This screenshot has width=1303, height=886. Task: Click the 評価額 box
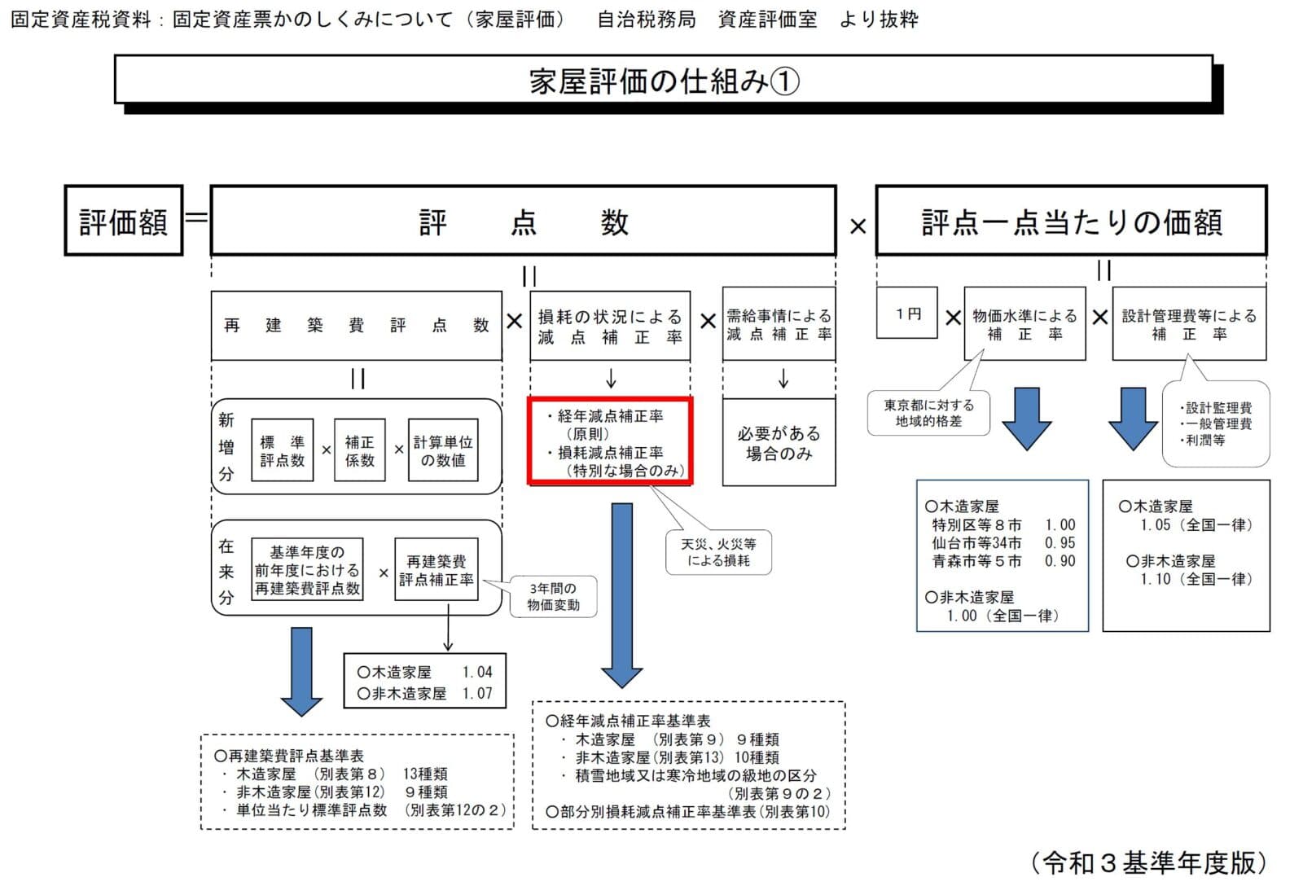(x=123, y=221)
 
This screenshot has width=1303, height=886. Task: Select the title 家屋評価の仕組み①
(x=663, y=81)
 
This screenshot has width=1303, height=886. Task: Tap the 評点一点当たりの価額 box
(x=1071, y=221)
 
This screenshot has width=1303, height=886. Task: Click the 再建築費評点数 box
(x=356, y=326)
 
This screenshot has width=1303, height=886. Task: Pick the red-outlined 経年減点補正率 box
(x=610, y=442)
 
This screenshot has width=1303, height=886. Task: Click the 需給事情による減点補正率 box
(x=779, y=325)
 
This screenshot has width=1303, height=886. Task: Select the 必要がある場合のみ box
(x=779, y=443)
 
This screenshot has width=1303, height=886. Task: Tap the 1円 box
(x=907, y=314)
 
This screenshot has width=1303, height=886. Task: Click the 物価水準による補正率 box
(x=1024, y=324)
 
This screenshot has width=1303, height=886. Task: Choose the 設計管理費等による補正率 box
(x=1189, y=324)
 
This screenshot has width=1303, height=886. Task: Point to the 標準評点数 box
(x=282, y=450)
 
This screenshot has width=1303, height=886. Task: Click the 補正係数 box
(x=359, y=450)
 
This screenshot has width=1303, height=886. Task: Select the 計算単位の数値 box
(x=442, y=450)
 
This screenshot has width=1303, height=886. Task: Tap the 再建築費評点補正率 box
(x=436, y=570)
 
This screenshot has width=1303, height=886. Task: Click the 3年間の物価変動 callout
(x=552, y=596)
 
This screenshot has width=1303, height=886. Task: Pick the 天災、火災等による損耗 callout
(x=717, y=552)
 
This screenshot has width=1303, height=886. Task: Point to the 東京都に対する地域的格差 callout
(x=928, y=412)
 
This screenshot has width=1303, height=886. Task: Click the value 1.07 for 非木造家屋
(x=477, y=693)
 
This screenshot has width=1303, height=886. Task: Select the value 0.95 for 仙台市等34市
(x=1060, y=542)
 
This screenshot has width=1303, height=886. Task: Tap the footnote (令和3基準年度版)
(x=1147, y=862)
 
